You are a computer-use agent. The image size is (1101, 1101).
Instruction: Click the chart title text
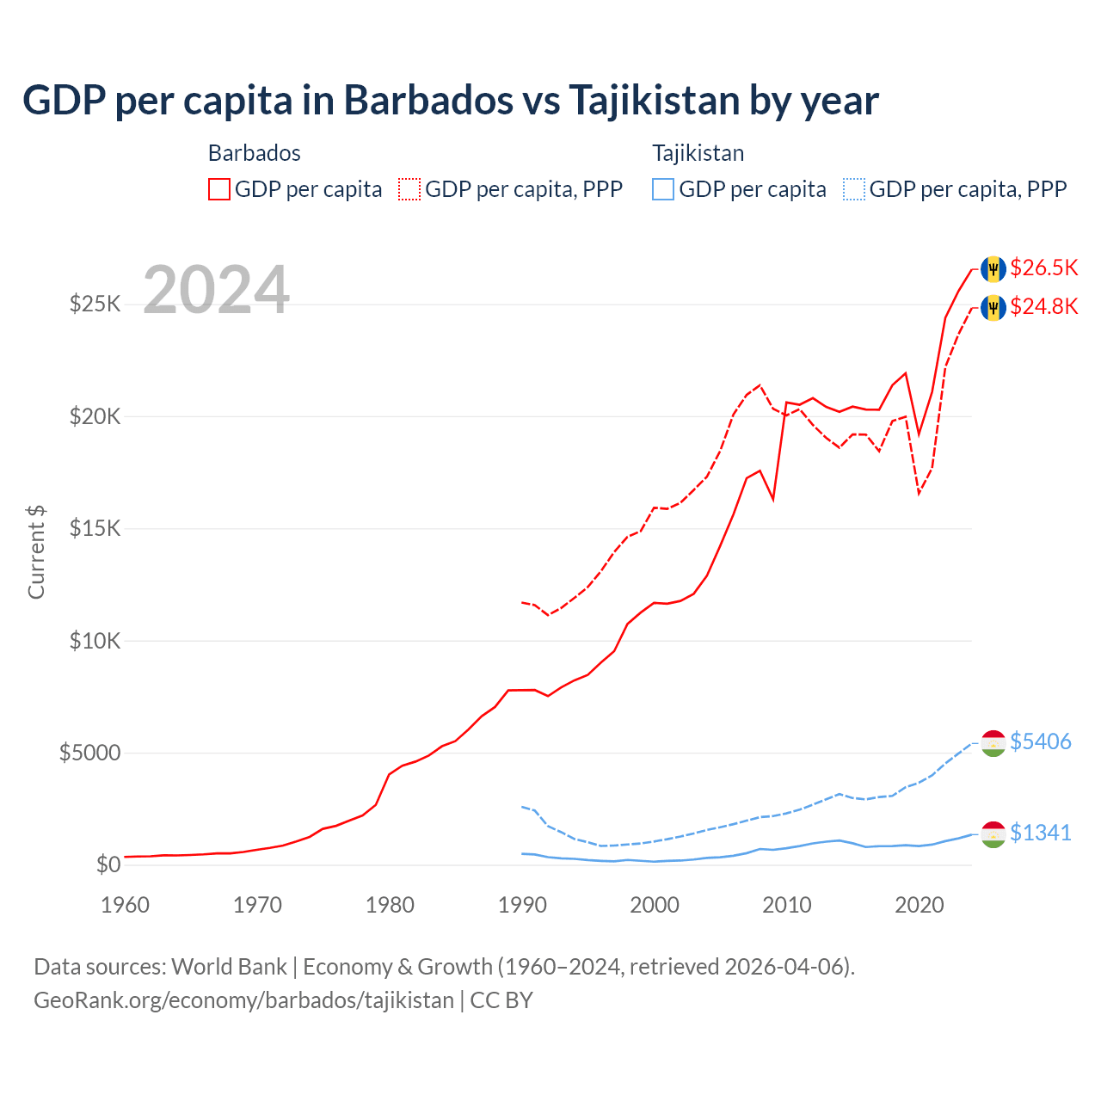[450, 101]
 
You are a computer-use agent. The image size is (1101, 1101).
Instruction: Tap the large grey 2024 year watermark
[216, 290]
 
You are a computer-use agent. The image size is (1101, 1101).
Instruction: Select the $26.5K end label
[1043, 268]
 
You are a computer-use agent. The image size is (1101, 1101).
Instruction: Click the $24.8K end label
[1043, 306]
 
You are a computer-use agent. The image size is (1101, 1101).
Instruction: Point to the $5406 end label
[1040, 741]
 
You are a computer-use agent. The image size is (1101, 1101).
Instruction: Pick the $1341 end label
[1040, 833]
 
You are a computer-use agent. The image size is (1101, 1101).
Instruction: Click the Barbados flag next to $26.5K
[993, 268]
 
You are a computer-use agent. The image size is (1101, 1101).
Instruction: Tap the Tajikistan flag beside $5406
[993, 742]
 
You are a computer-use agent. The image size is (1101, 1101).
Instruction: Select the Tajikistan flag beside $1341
[993, 833]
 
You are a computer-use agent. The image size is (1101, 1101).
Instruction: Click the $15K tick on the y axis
[95, 528]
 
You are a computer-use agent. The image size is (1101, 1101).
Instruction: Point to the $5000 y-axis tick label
[89, 753]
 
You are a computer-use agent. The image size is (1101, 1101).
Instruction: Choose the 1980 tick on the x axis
[390, 905]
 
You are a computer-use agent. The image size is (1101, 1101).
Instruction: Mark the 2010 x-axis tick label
[787, 905]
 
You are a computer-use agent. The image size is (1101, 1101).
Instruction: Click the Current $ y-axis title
[36, 552]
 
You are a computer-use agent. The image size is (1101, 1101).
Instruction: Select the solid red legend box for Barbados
[219, 189]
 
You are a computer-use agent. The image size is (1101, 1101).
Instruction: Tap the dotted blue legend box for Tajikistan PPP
[854, 189]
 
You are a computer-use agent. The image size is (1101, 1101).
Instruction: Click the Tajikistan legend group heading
[698, 153]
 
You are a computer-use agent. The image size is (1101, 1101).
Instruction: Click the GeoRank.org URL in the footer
[243, 1000]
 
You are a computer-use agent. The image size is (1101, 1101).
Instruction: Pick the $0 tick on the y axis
[108, 864]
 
